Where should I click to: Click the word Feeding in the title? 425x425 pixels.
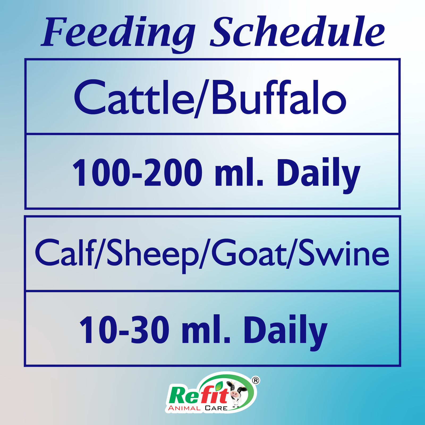click(118, 33)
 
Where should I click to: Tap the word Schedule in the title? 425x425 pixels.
click(297, 32)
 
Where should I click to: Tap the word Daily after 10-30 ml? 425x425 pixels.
click(286, 332)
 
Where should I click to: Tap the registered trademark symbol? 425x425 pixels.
click(256, 380)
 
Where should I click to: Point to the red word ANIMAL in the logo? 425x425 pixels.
click(184, 408)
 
